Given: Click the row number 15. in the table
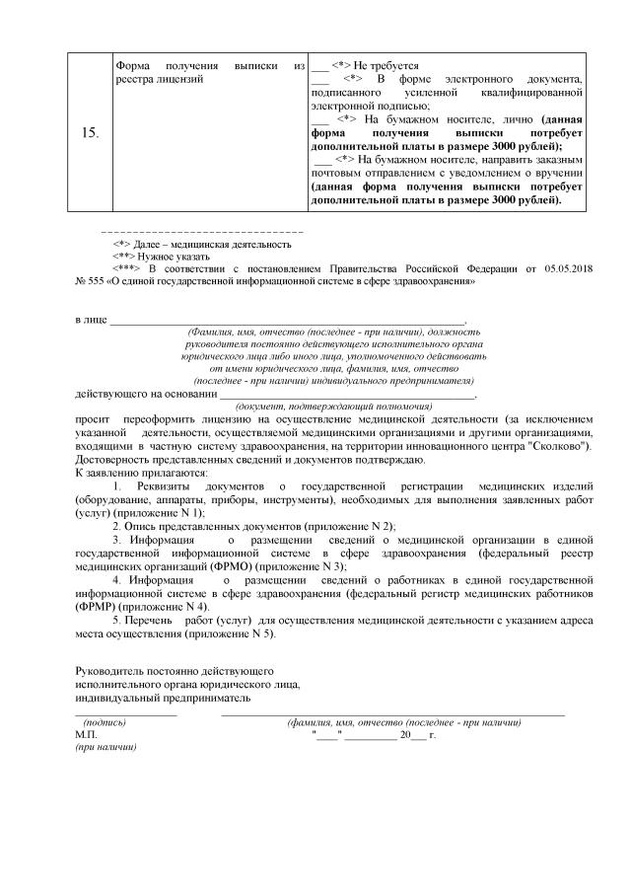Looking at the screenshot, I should pos(89,131).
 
